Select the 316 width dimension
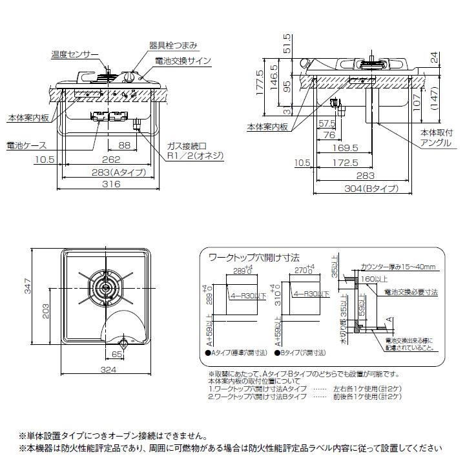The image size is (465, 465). pyautogui.click(x=108, y=184)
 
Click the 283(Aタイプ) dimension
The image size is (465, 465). pyautogui.click(x=108, y=172)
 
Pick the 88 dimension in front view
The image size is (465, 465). pyautogui.click(x=125, y=146)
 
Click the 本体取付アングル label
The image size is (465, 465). pyautogui.click(x=437, y=138)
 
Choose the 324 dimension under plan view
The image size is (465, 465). pyautogui.click(x=108, y=370)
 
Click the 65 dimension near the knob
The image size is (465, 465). pyautogui.click(x=116, y=355)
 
